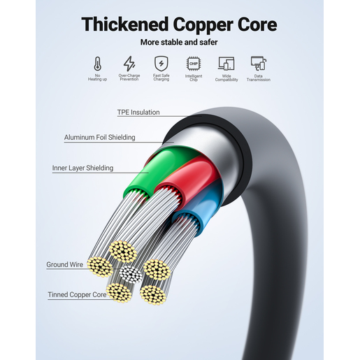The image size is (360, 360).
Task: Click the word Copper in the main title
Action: tap(203, 25)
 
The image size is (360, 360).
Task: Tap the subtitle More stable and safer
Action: tap(179, 42)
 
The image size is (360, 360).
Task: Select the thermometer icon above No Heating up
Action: tap(98, 64)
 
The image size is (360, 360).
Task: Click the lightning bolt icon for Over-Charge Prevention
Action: tap(129, 64)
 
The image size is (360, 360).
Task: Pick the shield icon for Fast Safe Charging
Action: tap(161, 63)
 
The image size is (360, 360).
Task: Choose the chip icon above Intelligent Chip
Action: tap(194, 64)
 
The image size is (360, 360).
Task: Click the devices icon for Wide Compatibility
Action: tap(226, 64)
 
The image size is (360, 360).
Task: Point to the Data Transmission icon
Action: tap(259, 63)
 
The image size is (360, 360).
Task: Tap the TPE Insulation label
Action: tap(138, 112)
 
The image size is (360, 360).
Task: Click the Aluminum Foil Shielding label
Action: tap(99, 137)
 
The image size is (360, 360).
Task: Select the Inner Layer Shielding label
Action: tap(82, 168)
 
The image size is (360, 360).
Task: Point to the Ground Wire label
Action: tap(64, 264)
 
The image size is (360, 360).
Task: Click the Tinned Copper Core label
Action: tap(77, 294)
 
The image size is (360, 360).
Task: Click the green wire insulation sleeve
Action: tap(156, 170)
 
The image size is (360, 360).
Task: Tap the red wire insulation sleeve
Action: tap(187, 180)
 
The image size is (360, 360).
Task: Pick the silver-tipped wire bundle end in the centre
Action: tap(131, 274)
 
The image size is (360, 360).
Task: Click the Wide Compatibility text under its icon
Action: tap(226, 78)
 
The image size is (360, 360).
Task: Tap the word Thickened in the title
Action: tap(125, 24)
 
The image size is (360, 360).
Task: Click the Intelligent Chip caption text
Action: tap(194, 78)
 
